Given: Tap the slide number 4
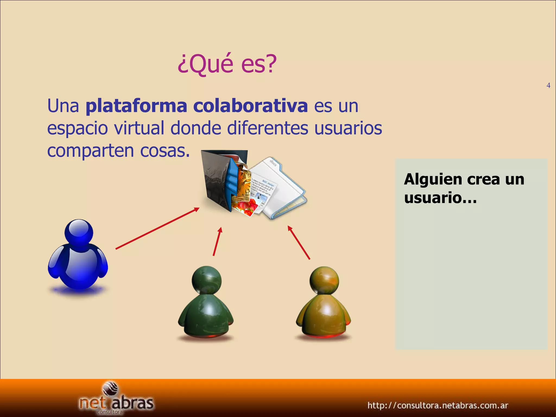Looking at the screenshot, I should tap(548, 86).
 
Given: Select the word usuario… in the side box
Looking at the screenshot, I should tap(440, 197).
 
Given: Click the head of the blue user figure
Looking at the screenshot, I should tap(79, 233).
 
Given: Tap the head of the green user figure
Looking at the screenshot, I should tap(206, 280).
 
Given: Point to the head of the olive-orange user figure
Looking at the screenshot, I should tap(324, 280).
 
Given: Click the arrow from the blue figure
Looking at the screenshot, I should tap(157, 228).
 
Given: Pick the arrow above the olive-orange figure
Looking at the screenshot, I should tap(299, 242).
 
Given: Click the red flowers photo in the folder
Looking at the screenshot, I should tap(246, 206).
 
